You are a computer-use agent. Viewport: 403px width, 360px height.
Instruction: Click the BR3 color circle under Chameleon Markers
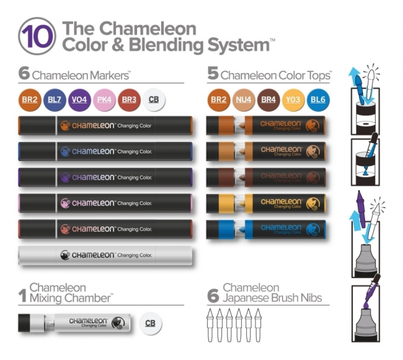(x=129, y=100)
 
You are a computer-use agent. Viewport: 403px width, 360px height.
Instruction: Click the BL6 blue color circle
(x=317, y=100)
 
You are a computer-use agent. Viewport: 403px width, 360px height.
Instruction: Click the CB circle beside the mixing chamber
(x=149, y=323)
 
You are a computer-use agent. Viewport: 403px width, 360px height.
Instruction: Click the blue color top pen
(x=267, y=229)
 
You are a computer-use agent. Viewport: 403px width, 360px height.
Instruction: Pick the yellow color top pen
(x=267, y=202)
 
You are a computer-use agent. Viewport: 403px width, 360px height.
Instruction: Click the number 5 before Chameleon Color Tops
(x=213, y=74)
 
